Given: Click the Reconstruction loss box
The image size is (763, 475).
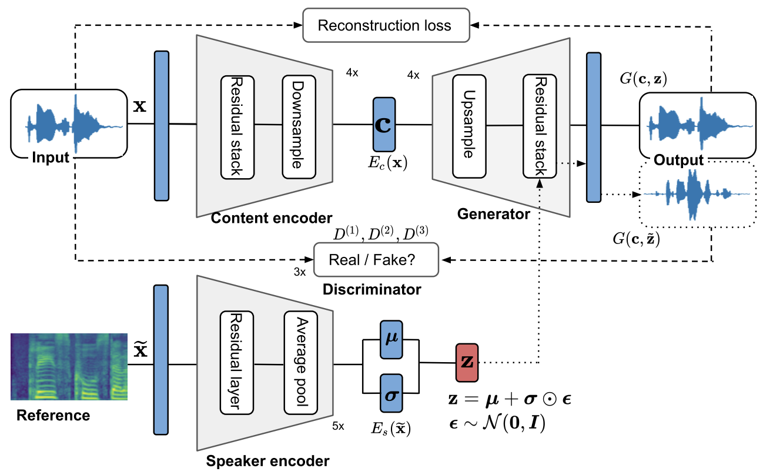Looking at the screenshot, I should click(x=385, y=26).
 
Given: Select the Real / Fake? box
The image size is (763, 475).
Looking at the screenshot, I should click(x=377, y=260).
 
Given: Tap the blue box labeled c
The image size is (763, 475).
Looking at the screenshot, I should click(x=385, y=124).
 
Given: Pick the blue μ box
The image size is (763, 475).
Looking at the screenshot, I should click(x=391, y=339).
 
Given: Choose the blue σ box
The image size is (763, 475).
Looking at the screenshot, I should click(x=391, y=393).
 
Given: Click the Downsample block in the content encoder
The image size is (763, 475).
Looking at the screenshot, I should click(x=299, y=126).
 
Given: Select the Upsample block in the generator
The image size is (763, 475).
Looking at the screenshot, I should click(x=469, y=126).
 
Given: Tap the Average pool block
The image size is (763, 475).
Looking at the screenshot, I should click(x=301, y=363).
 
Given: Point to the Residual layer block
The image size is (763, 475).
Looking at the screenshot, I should click(x=236, y=363).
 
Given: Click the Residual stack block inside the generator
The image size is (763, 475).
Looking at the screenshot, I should click(x=538, y=126).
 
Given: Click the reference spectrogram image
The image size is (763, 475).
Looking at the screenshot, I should click(x=69, y=366).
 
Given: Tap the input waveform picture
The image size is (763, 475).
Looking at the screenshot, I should click(x=69, y=124).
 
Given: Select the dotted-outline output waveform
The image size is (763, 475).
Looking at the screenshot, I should click(x=697, y=195).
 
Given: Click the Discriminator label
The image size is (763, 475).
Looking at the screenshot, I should click(x=371, y=289).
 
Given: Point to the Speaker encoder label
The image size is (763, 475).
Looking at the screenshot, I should click(x=268, y=460).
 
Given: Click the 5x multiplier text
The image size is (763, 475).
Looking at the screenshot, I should click(x=338, y=426).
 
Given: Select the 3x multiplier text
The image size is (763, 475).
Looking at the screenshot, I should click(x=300, y=272).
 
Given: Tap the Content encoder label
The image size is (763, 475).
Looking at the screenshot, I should click(x=271, y=218).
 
